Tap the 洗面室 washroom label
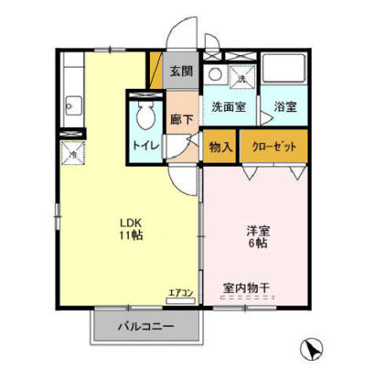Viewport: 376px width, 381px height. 228,108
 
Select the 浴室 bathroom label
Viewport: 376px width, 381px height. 285,108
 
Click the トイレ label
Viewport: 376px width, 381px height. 146,145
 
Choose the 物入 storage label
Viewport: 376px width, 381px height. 221,146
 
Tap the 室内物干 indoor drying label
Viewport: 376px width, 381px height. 246,288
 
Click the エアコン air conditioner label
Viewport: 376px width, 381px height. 181,293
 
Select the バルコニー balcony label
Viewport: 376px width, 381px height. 145,324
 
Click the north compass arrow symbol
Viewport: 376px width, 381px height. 312,348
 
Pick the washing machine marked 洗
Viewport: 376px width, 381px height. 241,75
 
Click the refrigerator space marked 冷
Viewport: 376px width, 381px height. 72,153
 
